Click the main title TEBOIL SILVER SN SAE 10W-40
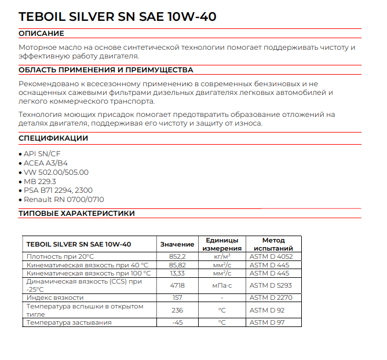pos(118,17)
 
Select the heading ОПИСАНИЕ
pos(41,34)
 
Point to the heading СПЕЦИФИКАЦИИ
pos(53,138)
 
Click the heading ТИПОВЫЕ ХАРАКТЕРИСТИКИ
pos(76,213)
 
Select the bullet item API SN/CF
pos(41,153)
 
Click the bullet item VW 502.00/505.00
pos(56,172)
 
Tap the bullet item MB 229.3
pos(39,181)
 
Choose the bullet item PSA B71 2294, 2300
pos(57,190)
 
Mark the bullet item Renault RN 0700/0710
pos(64,199)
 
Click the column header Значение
pos(177,244)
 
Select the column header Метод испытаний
pos(273,244)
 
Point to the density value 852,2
pos(177,256)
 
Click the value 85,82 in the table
pos(177,265)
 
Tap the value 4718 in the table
pos(177,285)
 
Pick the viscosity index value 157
pos(177,297)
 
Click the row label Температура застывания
pos(69,322)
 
